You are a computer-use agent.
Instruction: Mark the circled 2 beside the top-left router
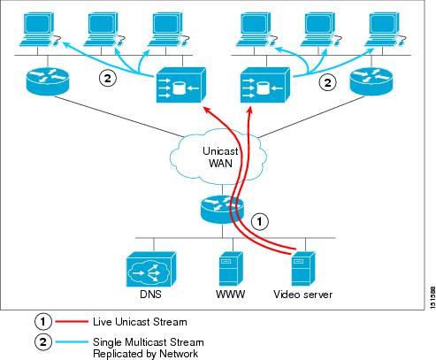point(106,79)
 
